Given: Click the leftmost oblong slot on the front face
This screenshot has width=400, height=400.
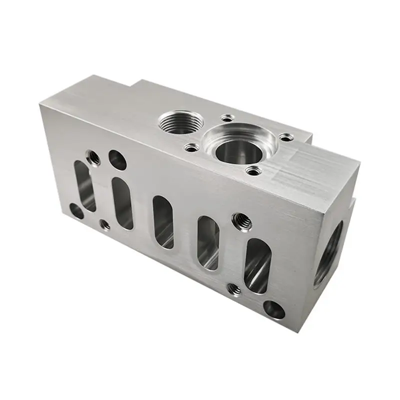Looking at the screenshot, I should point(85,185).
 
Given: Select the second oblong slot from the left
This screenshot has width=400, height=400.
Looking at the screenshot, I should point(122,203).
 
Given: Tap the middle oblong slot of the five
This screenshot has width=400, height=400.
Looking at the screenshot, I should point(163,221).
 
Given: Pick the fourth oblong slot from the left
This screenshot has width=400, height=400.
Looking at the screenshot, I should point(208,242).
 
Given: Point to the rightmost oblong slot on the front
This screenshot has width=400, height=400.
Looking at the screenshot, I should point(257,265).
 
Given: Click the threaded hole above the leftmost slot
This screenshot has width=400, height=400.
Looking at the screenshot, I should point(92,158).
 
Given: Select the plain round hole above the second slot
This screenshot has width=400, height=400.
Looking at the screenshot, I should point(117,160).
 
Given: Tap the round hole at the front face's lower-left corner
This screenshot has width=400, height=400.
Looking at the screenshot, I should point(76,211).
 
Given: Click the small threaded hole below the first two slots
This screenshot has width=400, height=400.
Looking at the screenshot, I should point(105,225).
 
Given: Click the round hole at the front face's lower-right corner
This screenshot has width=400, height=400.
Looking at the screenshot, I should point(274,310).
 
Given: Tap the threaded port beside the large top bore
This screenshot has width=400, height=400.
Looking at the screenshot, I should point(181,121).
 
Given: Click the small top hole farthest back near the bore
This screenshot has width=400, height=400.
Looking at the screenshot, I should point(227,118).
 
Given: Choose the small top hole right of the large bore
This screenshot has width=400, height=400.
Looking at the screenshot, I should point(285,136).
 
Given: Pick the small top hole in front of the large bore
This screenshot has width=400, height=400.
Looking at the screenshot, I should point(252,171).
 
